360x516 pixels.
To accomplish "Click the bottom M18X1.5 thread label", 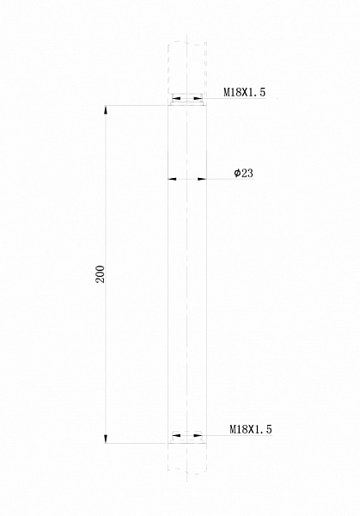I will click(x=250, y=428).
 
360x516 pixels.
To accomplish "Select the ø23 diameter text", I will click(x=243, y=173).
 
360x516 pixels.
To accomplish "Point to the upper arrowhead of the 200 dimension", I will click(x=107, y=110).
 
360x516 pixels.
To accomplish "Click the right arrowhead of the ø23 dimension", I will click(x=202, y=180).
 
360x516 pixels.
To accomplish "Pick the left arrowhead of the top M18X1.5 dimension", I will click(x=174, y=98).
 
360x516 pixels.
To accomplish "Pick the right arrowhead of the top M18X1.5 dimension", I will click(x=199, y=98).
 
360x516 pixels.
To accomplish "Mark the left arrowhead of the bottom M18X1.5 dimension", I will click(x=174, y=435).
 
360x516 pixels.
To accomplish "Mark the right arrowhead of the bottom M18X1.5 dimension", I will click(x=199, y=435).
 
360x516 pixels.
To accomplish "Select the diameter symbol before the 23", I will click(x=236, y=174).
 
